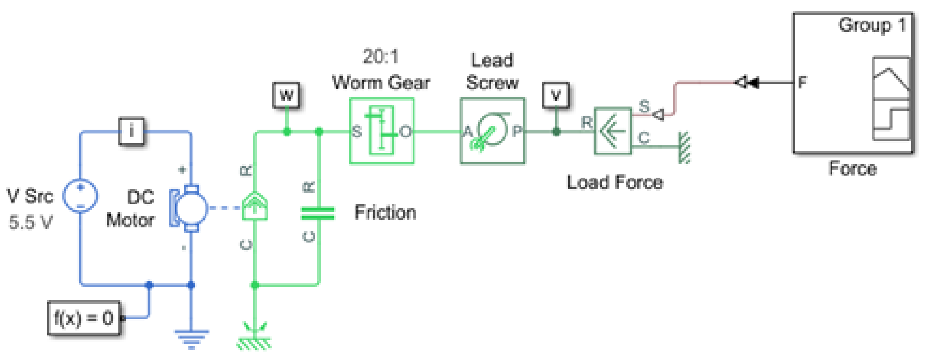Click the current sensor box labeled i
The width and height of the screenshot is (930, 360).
point(131,132)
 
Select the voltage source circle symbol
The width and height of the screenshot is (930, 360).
point(80,196)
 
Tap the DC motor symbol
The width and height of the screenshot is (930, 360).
point(190,208)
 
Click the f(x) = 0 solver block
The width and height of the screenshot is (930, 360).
point(84,318)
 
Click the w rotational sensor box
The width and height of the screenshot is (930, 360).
point(286,95)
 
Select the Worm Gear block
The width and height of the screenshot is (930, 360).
point(382,131)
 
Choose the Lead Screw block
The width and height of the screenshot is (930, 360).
point(492,131)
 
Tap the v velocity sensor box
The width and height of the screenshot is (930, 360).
point(556,95)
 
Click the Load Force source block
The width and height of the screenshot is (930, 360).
point(613,131)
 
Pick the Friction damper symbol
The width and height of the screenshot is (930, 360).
point(318,213)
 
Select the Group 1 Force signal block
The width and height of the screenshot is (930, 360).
point(853,83)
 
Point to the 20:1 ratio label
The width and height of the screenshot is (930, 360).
point(380,56)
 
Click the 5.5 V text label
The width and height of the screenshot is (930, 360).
point(30,222)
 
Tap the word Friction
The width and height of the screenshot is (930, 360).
point(385,212)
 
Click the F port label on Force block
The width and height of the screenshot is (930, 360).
point(802,82)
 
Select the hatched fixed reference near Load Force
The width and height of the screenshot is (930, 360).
point(684,148)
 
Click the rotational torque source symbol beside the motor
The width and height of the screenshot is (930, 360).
point(255,206)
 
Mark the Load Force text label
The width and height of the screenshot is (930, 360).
point(615,182)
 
